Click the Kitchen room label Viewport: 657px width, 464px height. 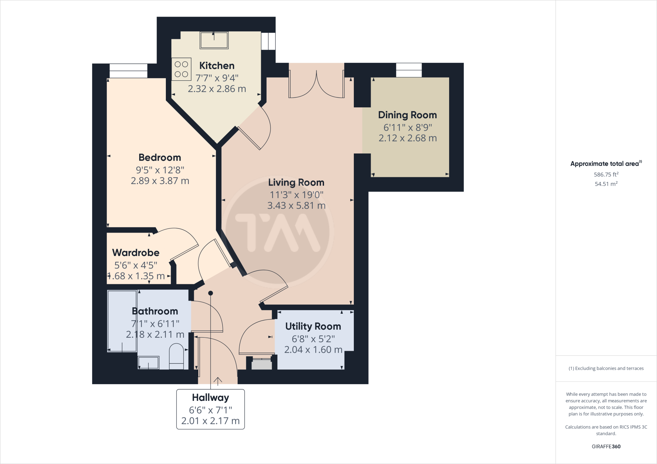(x=217, y=66)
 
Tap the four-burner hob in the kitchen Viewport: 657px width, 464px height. (x=181, y=69)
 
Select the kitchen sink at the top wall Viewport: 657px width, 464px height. (x=214, y=40)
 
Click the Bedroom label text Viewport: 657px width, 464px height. (x=160, y=158)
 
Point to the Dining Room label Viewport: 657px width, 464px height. (x=407, y=115)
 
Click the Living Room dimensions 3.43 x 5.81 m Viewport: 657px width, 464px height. (x=296, y=206)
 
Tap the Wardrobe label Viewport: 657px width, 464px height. (x=136, y=253)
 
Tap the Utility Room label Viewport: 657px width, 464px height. (x=313, y=327)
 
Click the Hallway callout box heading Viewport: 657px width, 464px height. (x=210, y=398)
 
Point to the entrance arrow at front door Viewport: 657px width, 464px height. (x=218, y=381)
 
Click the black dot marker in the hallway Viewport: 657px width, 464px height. (x=210, y=293)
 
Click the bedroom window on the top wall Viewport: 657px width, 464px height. (x=128, y=71)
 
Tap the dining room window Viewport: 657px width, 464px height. (x=409, y=70)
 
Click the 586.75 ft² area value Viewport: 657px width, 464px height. (x=606, y=175)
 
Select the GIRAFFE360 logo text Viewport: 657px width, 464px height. (x=606, y=446)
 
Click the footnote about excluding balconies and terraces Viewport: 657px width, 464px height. (x=606, y=369)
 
